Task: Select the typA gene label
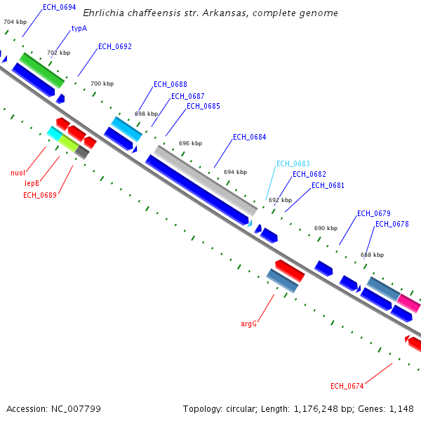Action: click(x=79, y=29)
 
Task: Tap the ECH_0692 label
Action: click(x=115, y=46)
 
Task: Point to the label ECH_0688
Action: click(x=171, y=84)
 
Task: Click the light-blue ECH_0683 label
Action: click(x=293, y=163)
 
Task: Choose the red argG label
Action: click(x=249, y=324)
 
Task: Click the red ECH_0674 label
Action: click(x=347, y=386)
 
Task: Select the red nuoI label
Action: click(x=18, y=173)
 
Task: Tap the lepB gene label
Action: click(x=32, y=183)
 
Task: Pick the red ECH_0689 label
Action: click(x=40, y=195)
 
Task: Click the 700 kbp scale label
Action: click(x=102, y=83)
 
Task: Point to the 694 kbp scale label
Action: click(x=235, y=172)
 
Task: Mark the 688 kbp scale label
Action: click(x=372, y=255)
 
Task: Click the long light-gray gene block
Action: click(x=206, y=180)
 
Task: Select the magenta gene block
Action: click(x=408, y=302)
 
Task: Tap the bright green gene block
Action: click(x=42, y=70)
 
